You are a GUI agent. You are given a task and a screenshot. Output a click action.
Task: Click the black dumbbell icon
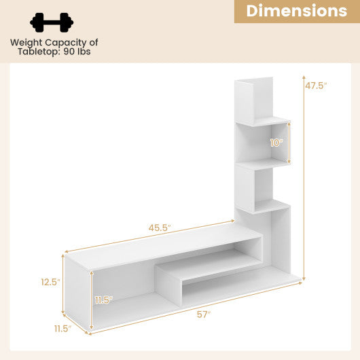[x=52, y=22]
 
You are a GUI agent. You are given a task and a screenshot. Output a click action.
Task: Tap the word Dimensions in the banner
[x=296, y=11]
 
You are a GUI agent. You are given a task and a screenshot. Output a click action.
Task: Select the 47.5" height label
[x=316, y=86]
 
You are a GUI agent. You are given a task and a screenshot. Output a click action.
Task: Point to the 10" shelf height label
[x=276, y=143]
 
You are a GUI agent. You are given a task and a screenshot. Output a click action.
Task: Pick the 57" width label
[x=203, y=314]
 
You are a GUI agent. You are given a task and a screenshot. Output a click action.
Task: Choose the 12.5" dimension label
[x=50, y=281]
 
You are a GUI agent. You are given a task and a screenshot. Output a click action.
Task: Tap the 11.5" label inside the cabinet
[x=104, y=300]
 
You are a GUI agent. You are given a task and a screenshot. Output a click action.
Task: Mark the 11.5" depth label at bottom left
[x=62, y=329]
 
